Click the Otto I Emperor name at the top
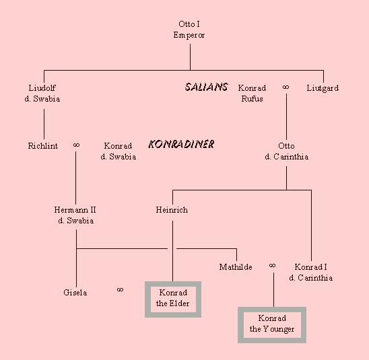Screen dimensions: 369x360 point(189,30)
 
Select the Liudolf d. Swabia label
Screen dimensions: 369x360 point(42,94)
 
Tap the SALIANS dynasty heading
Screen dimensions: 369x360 point(206,87)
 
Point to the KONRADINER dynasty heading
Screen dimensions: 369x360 point(181,144)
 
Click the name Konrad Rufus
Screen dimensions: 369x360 point(252,94)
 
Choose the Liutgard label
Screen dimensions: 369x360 point(323,88)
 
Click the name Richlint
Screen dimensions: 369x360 point(43,146)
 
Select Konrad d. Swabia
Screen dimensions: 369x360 point(118,151)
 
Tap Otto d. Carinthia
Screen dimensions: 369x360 point(286,151)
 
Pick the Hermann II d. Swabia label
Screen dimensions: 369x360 point(75,215)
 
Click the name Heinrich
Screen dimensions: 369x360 point(172,210)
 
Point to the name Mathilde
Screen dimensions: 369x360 point(236,267)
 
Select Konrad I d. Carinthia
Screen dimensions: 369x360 point(310,273)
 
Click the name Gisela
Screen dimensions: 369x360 point(75,293)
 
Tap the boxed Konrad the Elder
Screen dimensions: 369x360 point(173,299)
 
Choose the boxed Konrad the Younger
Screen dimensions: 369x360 point(272,325)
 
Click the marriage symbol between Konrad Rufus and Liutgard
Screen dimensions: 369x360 point(286,87)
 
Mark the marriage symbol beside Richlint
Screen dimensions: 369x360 point(76,145)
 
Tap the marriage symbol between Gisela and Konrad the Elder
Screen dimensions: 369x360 point(120,289)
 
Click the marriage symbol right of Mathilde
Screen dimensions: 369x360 point(272,266)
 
